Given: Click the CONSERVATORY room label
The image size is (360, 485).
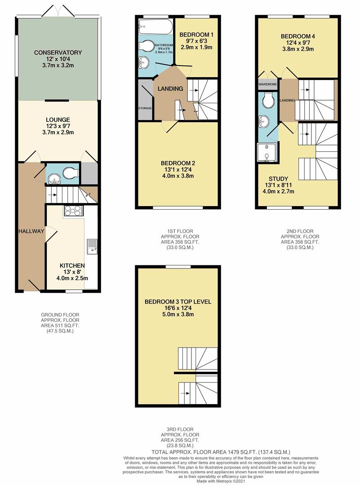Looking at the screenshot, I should click(x=58, y=53).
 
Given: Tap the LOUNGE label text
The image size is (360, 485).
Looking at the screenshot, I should click(x=58, y=119).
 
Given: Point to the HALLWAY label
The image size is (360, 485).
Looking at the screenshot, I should click(x=31, y=231).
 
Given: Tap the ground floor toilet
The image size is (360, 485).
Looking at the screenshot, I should click(x=71, y=173).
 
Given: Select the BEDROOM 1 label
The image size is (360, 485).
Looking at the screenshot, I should click(x=196, y=35).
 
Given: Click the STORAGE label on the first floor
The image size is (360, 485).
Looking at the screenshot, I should click(x=145, y=108).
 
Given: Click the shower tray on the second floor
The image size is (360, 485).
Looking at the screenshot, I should click(x=267, y=151).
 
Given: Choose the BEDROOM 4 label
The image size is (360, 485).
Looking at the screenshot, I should click(x=297, y=36).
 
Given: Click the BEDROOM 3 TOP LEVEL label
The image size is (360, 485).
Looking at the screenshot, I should click(x=178, y=301).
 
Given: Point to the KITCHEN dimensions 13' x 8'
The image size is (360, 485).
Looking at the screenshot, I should click(x=72, y=272).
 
